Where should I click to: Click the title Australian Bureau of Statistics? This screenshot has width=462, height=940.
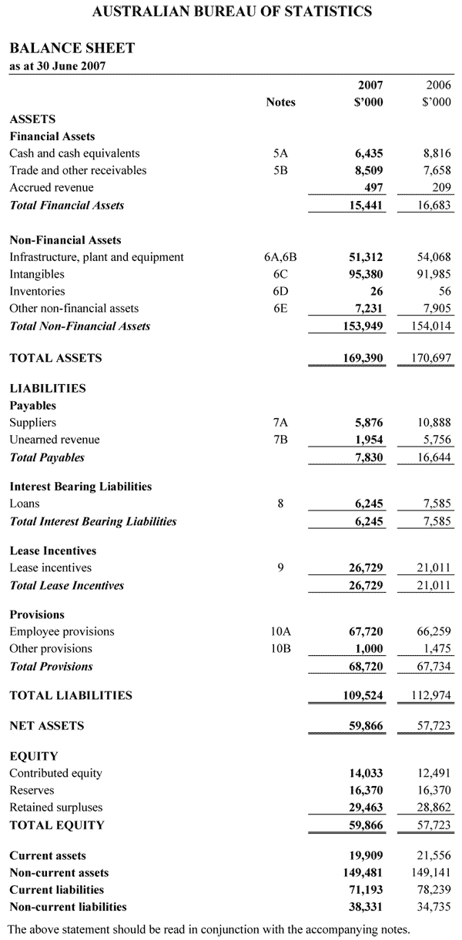coord(232,12)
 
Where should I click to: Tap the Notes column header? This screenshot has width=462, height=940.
coord(280,102)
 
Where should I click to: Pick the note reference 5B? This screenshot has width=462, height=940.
coord(280,170)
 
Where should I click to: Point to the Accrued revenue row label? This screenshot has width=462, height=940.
coord(51,187)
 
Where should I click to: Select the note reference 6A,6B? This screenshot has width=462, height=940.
coord(280,257)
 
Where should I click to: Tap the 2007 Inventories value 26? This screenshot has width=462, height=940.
coord(376,291)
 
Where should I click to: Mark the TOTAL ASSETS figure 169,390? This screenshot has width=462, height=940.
coord(363,358)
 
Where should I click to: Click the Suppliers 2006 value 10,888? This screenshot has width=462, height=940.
coord(434,423)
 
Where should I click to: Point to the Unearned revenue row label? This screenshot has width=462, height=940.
coord(54,440)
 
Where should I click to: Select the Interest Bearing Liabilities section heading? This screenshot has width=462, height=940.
coord(80,487)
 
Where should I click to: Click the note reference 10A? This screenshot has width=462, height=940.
coord(280,631)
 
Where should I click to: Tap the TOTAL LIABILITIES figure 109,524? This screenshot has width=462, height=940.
coord(363,695)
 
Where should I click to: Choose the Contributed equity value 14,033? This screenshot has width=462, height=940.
coord(365,773)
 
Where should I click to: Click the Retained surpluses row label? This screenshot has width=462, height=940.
coord(55,808)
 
